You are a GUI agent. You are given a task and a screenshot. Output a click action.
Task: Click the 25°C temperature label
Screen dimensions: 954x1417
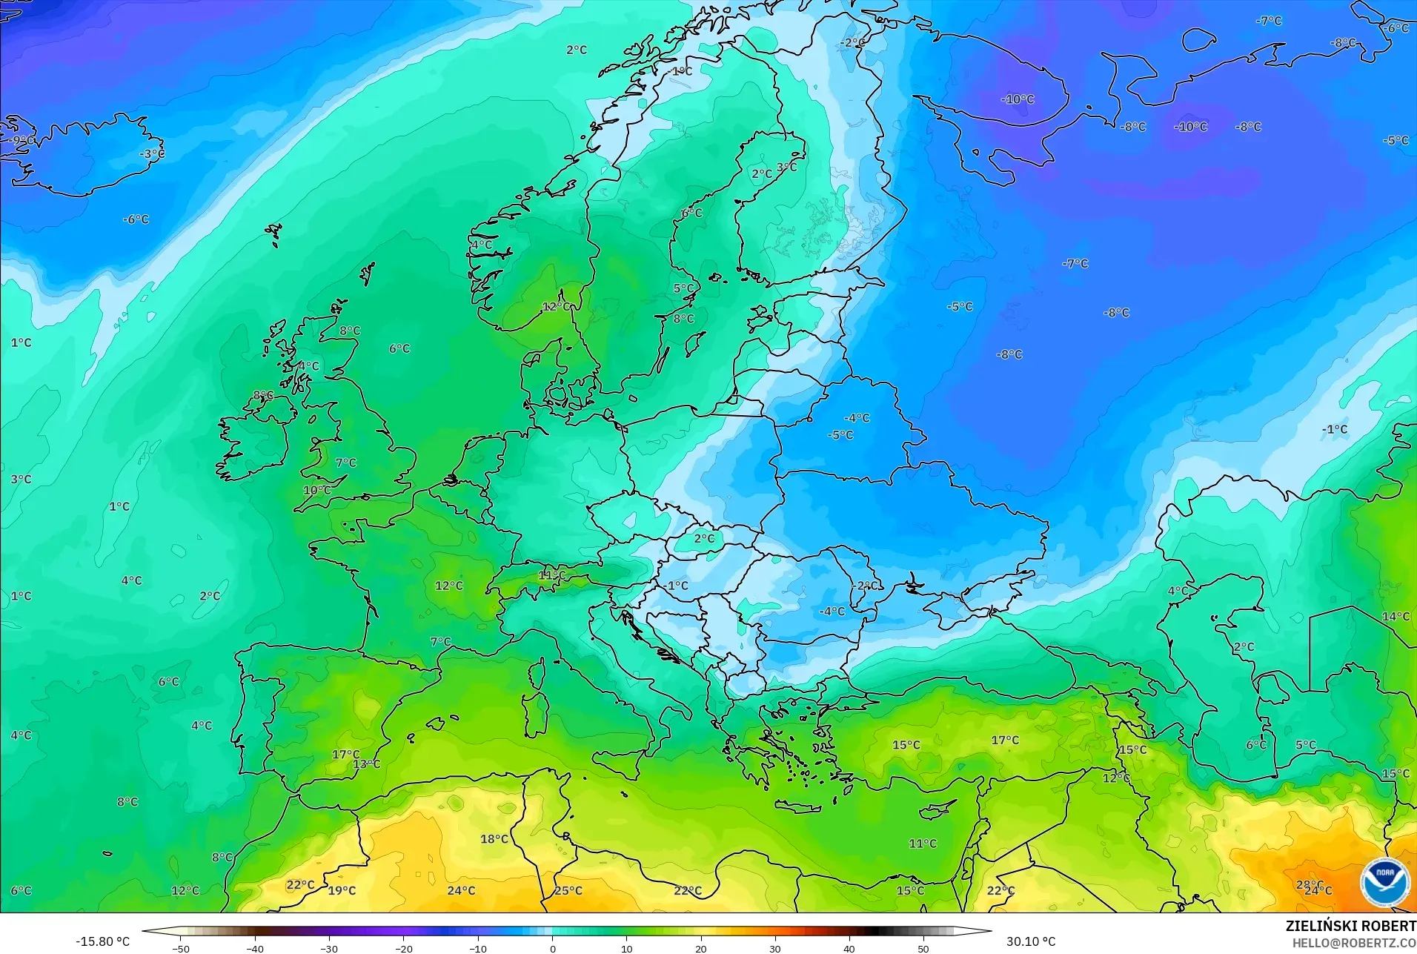click(568, 890)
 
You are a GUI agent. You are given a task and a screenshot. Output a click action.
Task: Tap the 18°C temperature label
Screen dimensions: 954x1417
click(494, 839)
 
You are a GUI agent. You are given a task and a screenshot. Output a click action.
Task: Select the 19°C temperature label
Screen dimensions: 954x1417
click(342, 890)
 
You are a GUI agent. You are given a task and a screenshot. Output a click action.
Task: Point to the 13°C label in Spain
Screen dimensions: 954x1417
click(367, 764)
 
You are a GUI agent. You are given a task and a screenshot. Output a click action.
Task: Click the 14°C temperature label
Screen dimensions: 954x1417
click(1396, 617)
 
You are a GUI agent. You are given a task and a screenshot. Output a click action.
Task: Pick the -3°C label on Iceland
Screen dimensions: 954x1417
click(152, 154)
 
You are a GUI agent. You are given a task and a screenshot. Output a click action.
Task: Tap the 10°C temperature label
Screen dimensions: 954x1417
click(317, 491)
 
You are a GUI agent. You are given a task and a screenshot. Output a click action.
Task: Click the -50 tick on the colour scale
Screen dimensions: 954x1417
click(181, 948)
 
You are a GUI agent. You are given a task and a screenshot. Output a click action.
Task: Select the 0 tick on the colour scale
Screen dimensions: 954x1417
click(552, 948)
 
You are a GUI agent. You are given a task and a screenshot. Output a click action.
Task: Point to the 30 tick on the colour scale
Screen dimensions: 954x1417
click(775, 948)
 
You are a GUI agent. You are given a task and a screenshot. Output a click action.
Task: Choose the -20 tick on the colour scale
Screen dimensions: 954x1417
click(404, 948)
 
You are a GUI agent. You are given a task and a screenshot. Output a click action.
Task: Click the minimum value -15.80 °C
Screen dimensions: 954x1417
click(102, 941)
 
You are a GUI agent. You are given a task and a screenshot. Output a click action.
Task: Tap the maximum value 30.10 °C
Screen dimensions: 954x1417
click(1031, 941)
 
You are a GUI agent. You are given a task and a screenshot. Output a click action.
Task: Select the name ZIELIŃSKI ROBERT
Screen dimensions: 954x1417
click(1350, 927)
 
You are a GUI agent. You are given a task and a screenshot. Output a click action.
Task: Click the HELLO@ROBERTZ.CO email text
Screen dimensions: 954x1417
click(1354, 943)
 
